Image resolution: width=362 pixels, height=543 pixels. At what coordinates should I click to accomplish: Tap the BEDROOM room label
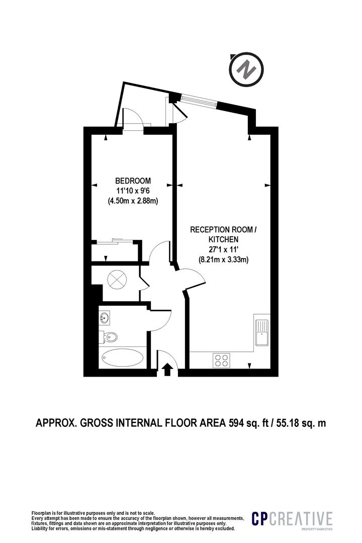point(133,180)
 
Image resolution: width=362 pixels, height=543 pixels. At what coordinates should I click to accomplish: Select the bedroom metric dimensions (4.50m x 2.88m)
point(133,201)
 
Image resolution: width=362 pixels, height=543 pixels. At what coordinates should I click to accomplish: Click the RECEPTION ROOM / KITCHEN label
point(223,235)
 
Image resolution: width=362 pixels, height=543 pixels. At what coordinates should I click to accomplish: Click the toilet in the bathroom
point(111,336)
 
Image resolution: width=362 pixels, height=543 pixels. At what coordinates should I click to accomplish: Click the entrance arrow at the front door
point(167,370)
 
